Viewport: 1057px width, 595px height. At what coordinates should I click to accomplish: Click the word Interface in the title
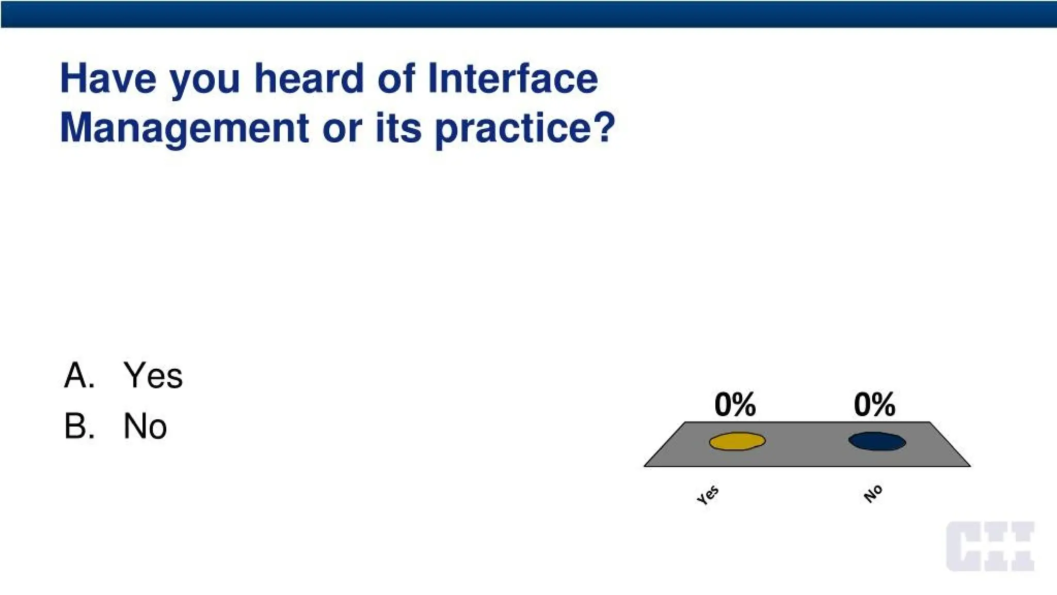(513, 79)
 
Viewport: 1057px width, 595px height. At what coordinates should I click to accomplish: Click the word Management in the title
(184, 128)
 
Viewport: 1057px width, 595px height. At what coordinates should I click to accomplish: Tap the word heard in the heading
(309, 79)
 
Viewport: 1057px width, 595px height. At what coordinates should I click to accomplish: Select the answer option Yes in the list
(153, 375)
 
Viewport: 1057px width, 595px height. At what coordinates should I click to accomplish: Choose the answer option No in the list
(145, 426)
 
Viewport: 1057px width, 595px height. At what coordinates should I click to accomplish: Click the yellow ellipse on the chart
(737, 442)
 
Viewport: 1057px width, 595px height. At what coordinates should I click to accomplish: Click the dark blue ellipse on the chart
(877, 442)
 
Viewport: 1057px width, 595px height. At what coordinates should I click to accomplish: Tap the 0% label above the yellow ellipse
(735, 404)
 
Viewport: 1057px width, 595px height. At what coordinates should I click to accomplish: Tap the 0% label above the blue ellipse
(874, 404)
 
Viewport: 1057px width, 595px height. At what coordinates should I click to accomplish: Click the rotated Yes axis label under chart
(708, 495)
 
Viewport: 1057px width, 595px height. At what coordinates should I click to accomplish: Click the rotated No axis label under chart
(873, 494)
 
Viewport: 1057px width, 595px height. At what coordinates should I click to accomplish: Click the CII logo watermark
(990, 546)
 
